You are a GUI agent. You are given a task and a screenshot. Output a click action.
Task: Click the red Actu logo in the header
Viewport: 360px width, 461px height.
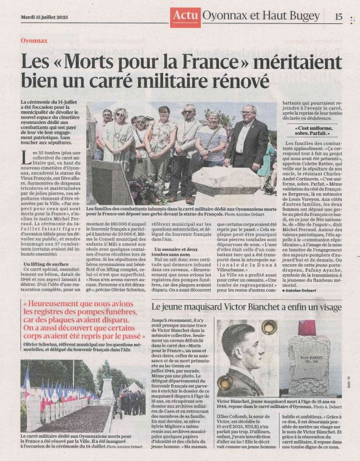click(186, 16)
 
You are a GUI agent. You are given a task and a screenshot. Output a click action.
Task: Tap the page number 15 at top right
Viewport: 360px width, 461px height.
click(338, 16)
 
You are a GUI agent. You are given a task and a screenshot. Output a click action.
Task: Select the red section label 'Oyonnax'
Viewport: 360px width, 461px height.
click(34, 41)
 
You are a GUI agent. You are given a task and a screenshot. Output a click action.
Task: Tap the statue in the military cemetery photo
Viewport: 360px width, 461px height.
click(106, 382)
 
